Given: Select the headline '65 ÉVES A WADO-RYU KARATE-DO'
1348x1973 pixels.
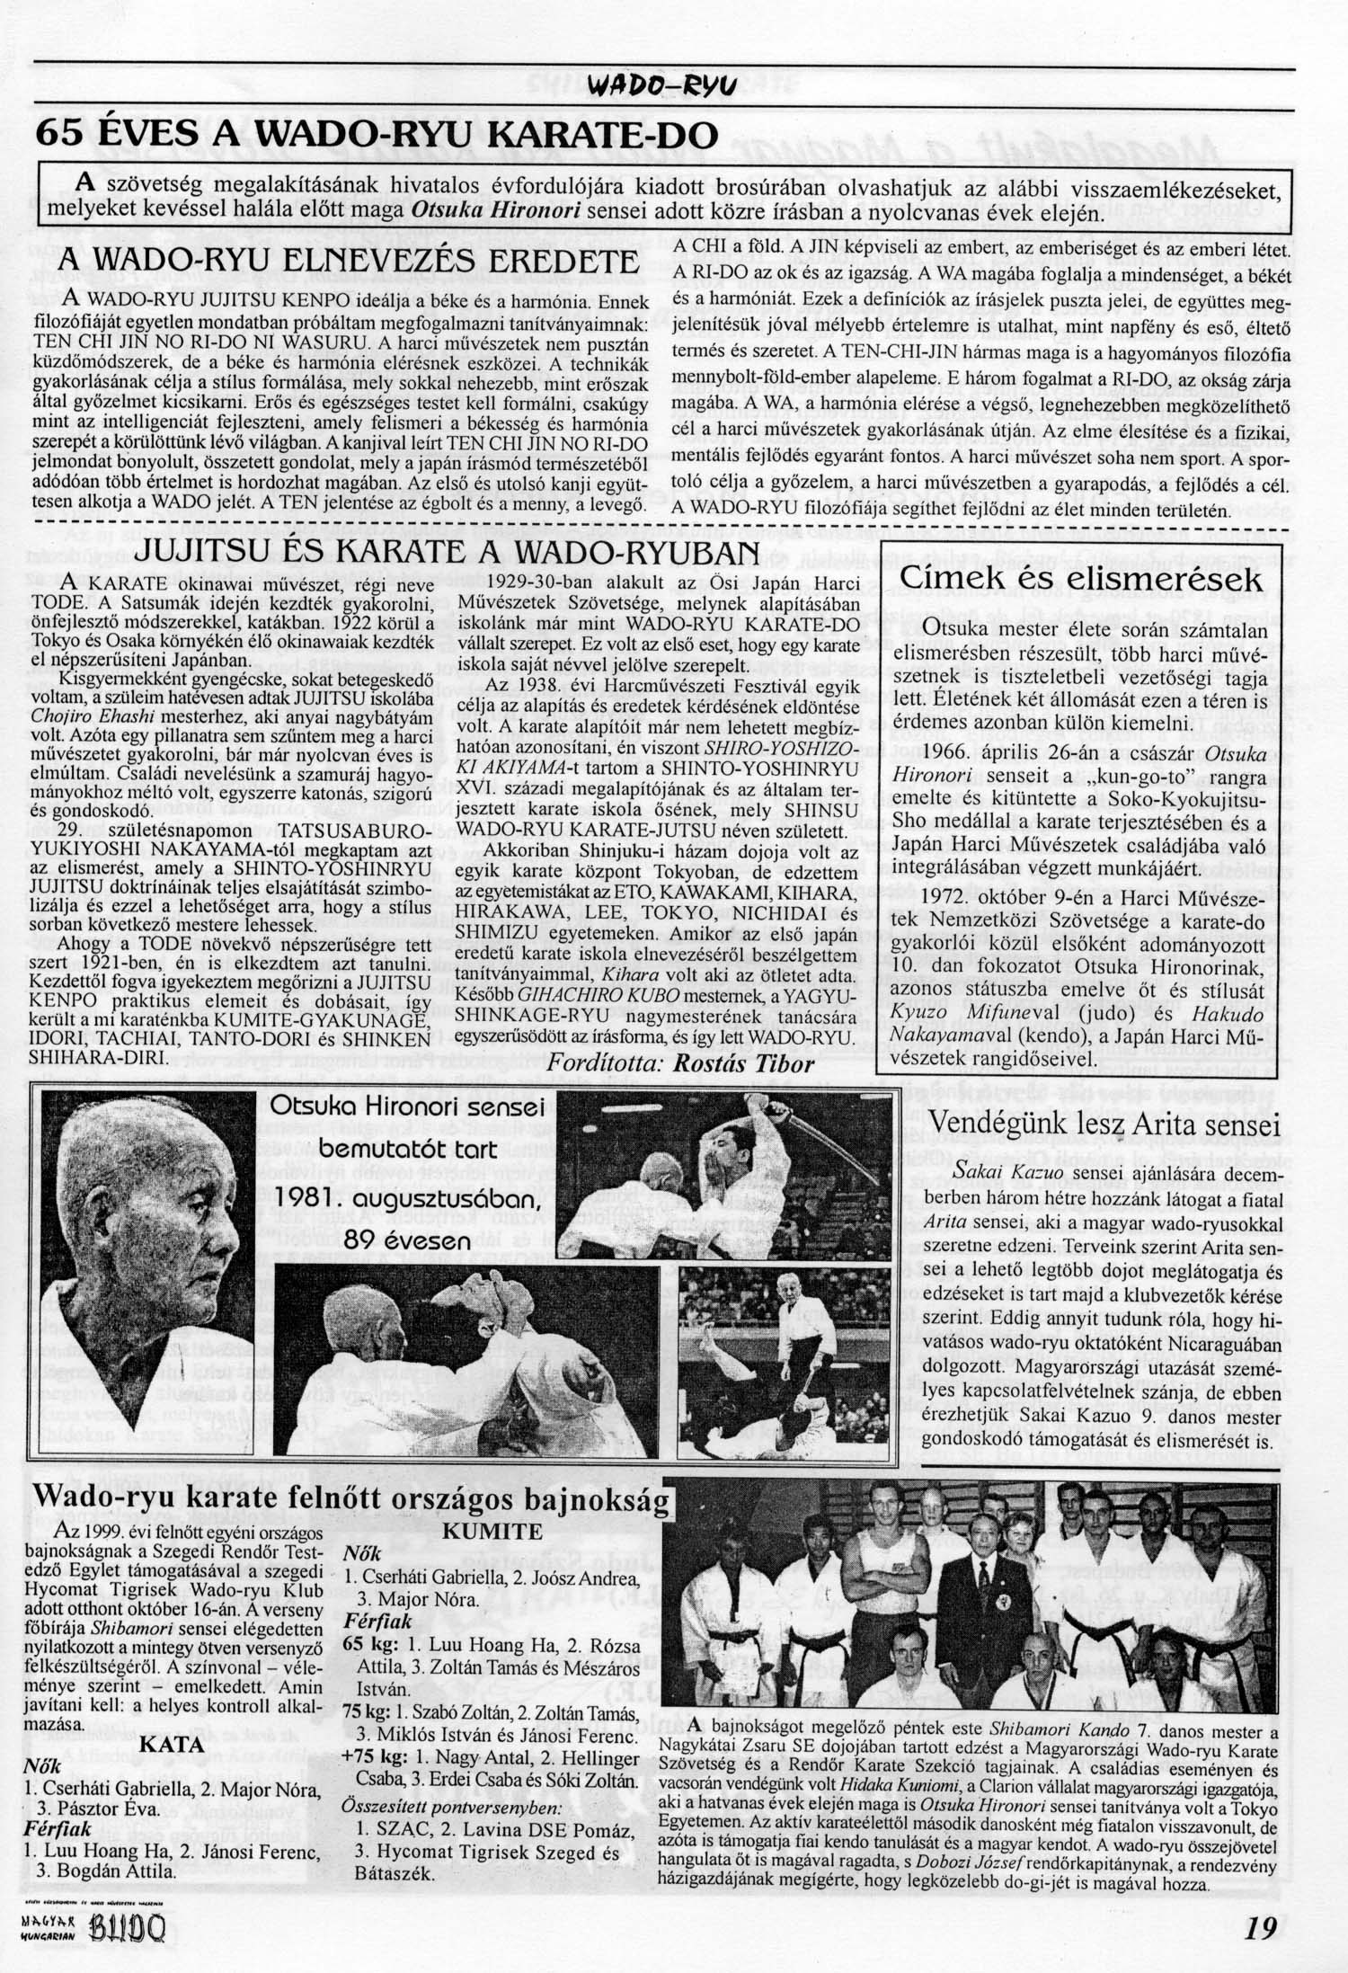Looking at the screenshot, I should tap(377, 136).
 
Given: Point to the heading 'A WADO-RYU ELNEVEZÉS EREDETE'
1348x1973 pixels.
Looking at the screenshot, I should tap(345, 262).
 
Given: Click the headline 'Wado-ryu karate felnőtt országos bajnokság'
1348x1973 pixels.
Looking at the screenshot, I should tap(352, 1500).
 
